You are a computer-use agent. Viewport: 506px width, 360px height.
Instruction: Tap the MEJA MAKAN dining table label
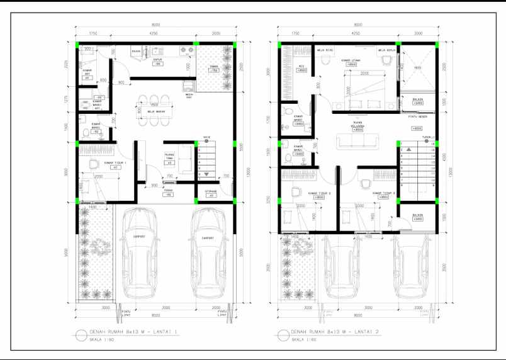coord(156,113)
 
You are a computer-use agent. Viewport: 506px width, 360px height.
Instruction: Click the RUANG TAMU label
coord(169,155)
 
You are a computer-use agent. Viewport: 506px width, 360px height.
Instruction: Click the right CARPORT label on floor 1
coord(207,238)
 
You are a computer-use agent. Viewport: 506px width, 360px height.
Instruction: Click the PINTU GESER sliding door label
coord(416,116)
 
